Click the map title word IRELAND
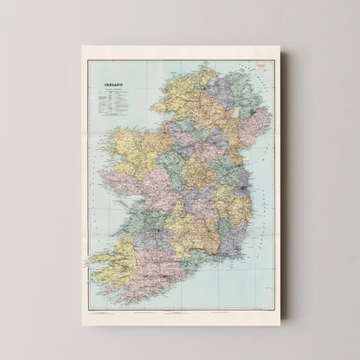[107, 85]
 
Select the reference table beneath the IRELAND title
[111, 103]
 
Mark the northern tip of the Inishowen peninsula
[204, 67]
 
